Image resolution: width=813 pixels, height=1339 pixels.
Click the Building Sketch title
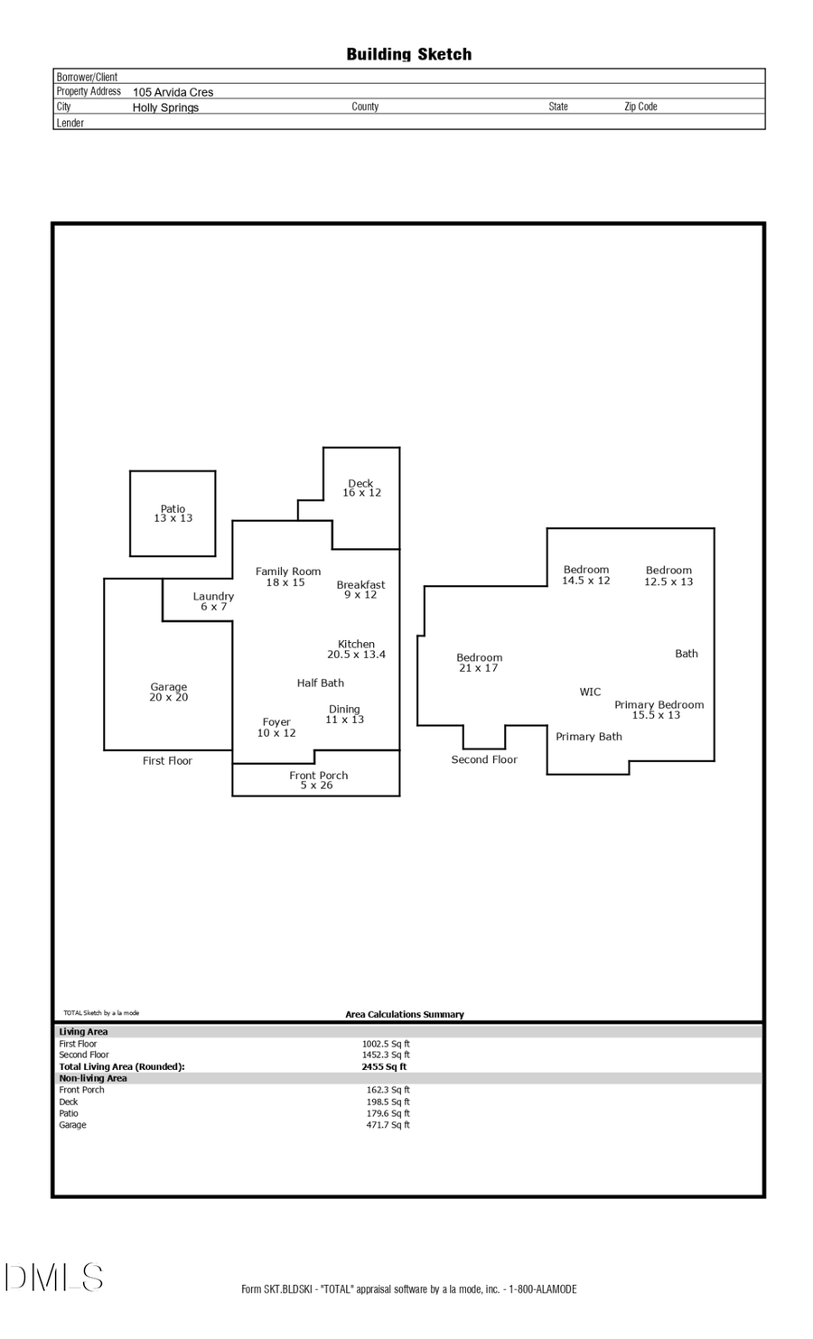tap(408, 54)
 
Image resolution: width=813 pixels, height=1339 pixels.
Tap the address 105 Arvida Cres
tap(173, 92)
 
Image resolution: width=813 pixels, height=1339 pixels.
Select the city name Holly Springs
tap(165, 107)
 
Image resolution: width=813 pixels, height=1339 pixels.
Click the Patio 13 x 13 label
tap(173, 514)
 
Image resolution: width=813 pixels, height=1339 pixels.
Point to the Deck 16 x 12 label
tap(361, 488)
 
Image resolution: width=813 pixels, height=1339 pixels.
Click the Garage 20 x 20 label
tap(169, 693)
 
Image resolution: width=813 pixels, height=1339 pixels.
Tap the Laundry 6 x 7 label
tap(213, 601)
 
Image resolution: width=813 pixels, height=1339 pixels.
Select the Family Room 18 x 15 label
tap(287, 577)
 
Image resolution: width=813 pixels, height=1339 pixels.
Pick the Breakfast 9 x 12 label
tap(360, 590)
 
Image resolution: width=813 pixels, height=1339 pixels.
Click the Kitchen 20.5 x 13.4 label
tap(356, 649)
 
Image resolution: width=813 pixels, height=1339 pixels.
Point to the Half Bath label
tap(320, 683)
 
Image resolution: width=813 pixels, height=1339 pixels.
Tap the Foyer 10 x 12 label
tap(276, 728)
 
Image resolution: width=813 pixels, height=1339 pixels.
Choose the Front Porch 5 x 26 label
tap(318, 780)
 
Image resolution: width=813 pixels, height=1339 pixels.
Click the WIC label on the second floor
tap(590, 693)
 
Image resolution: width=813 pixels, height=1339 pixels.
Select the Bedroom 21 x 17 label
tap(479, 663)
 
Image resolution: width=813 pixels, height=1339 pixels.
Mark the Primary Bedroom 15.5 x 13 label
tap(659, 710)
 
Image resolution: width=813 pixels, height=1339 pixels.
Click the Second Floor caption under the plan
tap(484, 760)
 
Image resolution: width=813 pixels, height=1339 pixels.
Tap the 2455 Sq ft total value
tap(384, 1067)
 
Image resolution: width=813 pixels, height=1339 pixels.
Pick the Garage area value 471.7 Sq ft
tap(388, 1126)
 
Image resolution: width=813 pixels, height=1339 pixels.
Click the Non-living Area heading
tap(93, 1079)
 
